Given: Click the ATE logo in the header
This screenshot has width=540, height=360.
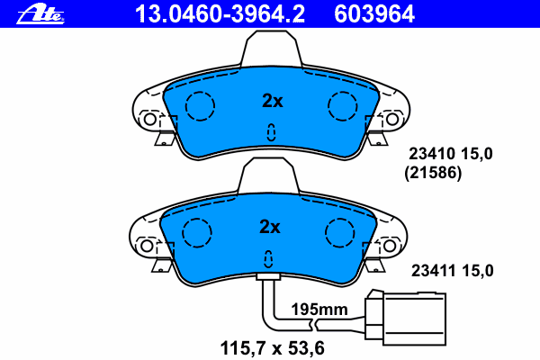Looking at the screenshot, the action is tap(40, 14).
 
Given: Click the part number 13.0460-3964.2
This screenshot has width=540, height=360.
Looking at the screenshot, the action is tap(220, 14).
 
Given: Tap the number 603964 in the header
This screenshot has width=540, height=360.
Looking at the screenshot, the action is tap(374, 14).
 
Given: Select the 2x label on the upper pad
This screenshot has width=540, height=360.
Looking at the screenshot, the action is tap(273, 101).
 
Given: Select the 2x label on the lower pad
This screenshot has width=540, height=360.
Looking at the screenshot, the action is tap(270, 227).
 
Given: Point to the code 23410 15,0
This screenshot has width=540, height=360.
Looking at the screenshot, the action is tap(451, 154).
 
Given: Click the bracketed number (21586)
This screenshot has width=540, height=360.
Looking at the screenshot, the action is tap(433, 173).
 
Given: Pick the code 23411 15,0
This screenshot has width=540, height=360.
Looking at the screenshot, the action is tap(452, 271).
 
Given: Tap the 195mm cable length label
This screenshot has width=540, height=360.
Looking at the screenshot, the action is tap(319, 310).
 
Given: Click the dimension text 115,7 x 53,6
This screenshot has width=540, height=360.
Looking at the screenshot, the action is tap(272, 348).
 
